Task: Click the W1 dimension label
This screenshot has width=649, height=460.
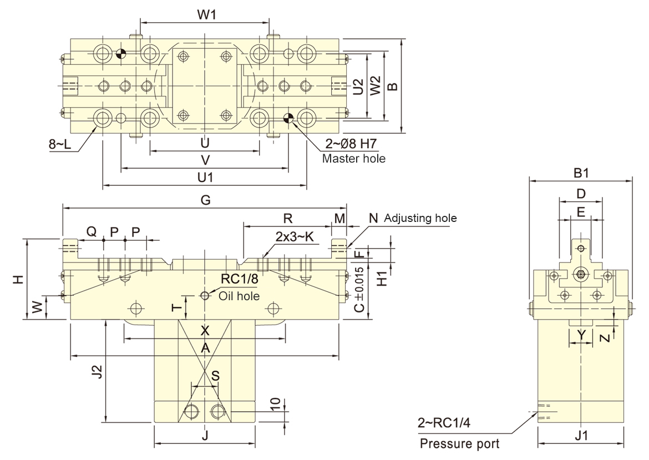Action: [206, 15]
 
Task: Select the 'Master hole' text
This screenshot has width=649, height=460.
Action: [353, 159]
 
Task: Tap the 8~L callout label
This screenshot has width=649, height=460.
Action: [60, 144]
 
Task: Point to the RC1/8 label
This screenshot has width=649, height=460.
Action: [239, 279]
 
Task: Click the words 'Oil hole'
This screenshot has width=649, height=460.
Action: [239, 296]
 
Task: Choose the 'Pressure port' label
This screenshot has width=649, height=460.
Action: [459, 444]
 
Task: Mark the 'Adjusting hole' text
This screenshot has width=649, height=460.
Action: [420, 218]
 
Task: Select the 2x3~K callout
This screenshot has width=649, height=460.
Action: [295, 237]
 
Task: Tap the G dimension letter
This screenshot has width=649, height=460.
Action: [205, 200]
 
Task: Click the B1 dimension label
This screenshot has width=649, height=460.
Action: [581, 173]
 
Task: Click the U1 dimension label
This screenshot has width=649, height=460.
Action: [205, 178]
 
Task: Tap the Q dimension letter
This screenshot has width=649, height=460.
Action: [92, 231]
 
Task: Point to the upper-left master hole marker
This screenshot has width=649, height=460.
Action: [120, 53]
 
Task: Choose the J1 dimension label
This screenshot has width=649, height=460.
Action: [581, 435]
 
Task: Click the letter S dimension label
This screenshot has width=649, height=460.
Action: [215, 376]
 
